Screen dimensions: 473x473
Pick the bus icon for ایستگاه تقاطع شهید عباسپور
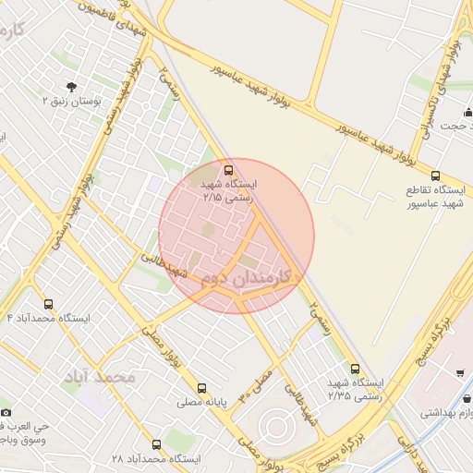pos(435,175)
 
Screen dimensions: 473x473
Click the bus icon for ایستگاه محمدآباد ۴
pos(48,304)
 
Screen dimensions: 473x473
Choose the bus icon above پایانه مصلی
pos(201,387)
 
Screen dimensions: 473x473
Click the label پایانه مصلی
pos(204,404)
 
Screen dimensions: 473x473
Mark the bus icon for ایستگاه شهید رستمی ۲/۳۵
pos(356,369)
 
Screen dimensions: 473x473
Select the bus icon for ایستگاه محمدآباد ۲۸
pos(155,444)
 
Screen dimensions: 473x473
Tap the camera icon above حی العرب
pos(6,411)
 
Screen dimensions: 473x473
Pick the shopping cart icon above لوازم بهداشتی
pos(460,373)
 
